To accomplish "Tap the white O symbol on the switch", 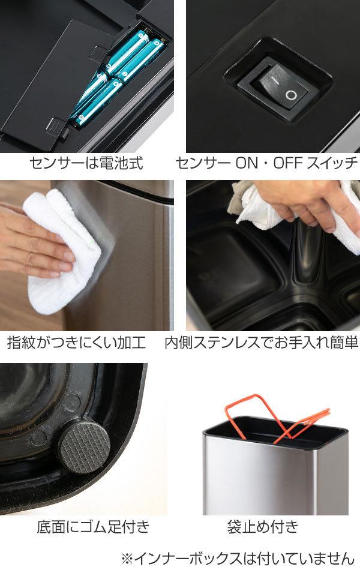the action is pyautogui.click(x=291, y=95).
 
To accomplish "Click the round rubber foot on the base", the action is pyautogui.click(x=85, y=446).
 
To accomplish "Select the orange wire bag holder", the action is pyautogui.click(x=277, y=418).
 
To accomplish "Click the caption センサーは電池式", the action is pyautogui.click(x=86, y=163).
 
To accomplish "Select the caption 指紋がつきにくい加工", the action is pyautogui.click(x=76, y=343).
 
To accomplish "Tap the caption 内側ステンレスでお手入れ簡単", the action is pyautogui.click(x=262, y=343).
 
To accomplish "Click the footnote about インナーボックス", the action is pyautogui.click(x=238, y=558).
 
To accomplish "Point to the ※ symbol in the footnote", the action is pyautogui.click(x=128, y=559).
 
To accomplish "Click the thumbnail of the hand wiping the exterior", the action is pyautogui.click(x=86, y=256).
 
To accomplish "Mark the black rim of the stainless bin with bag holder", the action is pyautogui.click(x=275, y=429).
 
